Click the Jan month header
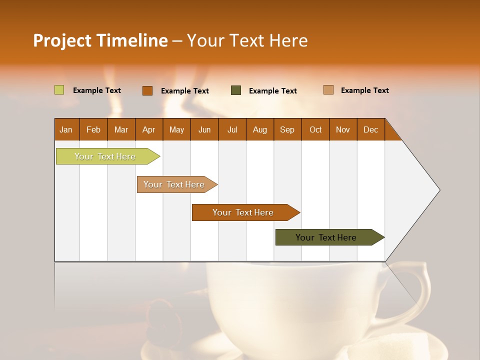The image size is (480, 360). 66,129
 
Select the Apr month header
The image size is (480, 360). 149,129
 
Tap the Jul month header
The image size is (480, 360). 232,129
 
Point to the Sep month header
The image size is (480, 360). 287,129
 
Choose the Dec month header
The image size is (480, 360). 370,129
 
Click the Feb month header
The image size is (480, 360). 93,129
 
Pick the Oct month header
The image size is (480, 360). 315,129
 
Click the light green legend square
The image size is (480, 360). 59,90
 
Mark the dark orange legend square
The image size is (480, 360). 147,90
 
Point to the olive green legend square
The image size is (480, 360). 236,90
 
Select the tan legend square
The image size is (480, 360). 328,90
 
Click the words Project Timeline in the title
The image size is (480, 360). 100,40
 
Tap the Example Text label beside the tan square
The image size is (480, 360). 364,90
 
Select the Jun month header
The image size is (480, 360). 204,129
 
